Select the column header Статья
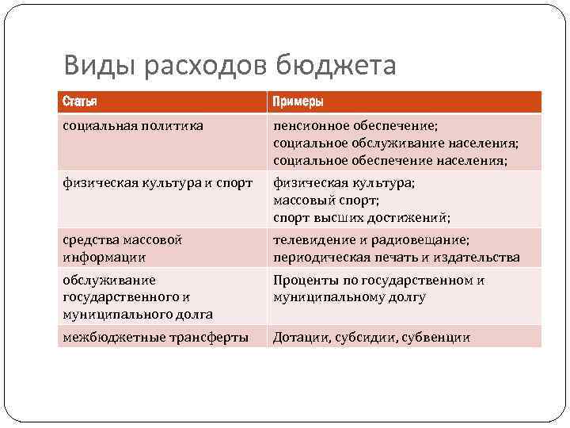click(82, 102)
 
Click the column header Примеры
click(298, 102)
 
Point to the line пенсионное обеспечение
click(355, 125)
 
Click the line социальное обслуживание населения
click(396, 143)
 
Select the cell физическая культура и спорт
click(158, 182)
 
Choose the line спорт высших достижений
click(362, 218)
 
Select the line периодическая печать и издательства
click(396, 257)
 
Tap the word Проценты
click(305, 280)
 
